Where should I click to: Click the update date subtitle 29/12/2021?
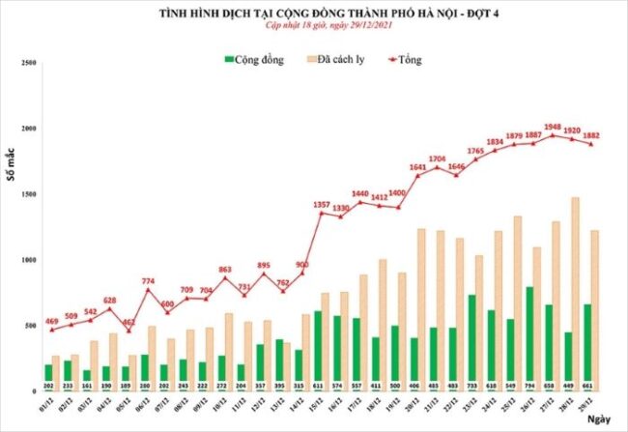(x=314, y=27)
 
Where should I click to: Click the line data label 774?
(x=148, y=280)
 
